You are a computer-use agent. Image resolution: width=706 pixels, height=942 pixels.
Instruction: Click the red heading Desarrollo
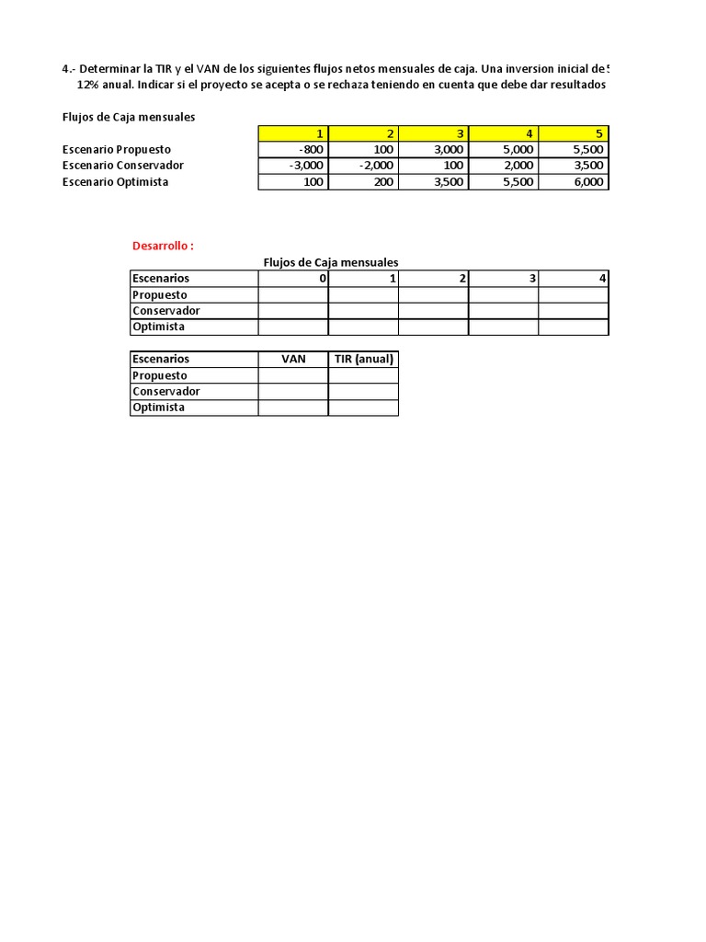pos(164,246)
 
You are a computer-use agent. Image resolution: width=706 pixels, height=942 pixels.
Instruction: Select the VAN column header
pos(293,359)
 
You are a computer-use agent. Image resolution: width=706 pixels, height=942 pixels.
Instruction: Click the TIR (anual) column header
pos(363,359)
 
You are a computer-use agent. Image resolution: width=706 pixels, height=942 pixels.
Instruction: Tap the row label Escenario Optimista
pos(115,182)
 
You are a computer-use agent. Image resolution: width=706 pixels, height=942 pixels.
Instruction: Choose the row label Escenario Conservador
pos(122,166)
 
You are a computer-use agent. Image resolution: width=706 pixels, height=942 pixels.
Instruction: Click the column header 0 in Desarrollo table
pos(322,278)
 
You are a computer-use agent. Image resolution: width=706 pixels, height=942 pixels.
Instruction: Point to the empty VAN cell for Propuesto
pos(293,375)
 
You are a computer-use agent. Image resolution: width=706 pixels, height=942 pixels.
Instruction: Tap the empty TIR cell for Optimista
pos(363,408)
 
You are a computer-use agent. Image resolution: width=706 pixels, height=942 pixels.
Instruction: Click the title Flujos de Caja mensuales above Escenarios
pos(331,262)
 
